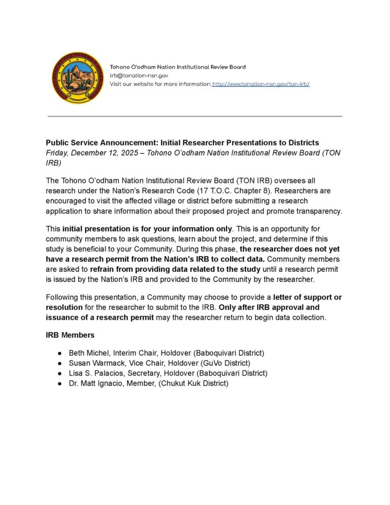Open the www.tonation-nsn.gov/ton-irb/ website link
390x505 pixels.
[x=261, y=84]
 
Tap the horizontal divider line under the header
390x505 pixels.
[x=195, y=116]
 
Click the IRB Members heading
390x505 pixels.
[x=70, y=335]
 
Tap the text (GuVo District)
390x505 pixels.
[x=223, y=363]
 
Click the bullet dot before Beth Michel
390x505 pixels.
[x=60, y=353]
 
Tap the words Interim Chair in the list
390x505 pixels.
[x=135, y=353]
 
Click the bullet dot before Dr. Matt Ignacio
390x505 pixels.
[x=60, y=383]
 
